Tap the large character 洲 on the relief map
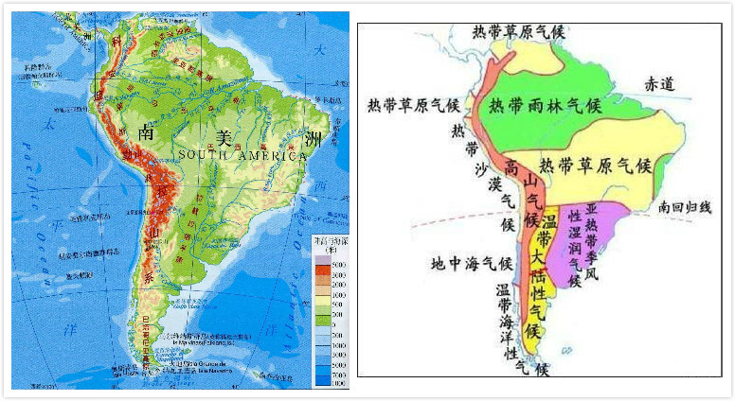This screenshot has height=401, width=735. click(314, 141)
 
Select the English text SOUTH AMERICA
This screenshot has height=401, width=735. click(242, 155)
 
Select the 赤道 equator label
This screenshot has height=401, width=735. click(659, 84)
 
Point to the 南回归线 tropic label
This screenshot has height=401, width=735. click(690, 205)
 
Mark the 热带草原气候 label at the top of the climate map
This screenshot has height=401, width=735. click(519, 30)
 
